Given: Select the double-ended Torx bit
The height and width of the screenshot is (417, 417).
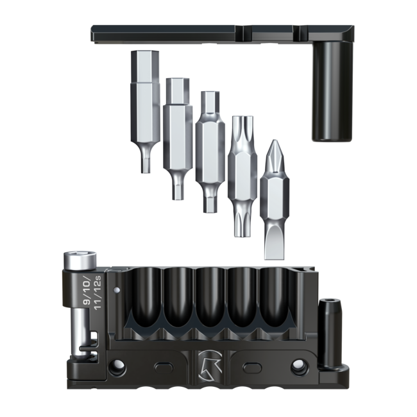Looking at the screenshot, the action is [x=243, y=176].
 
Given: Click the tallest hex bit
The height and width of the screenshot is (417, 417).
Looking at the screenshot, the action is [x=145, y=112].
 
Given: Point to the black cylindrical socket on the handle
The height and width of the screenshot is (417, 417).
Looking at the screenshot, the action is [x=332, y=91].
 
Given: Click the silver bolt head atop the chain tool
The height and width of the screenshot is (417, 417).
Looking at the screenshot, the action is [x=80, y=260].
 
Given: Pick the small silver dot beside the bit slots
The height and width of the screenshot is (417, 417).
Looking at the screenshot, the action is [x=116, y=290].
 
